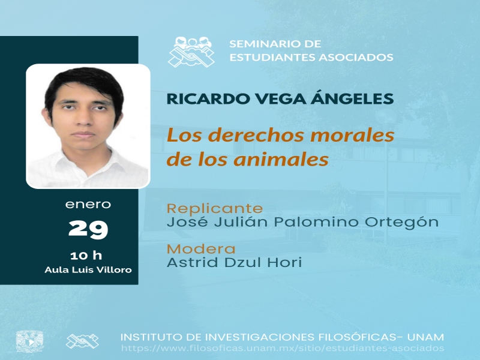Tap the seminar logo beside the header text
191,52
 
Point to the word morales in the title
352,135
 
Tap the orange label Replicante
215,208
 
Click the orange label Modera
201,249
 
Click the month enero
88,204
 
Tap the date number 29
88,229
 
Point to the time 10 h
86,256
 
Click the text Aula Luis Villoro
88,269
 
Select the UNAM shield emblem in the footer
29,341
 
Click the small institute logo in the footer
82,341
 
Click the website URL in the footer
283,348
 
